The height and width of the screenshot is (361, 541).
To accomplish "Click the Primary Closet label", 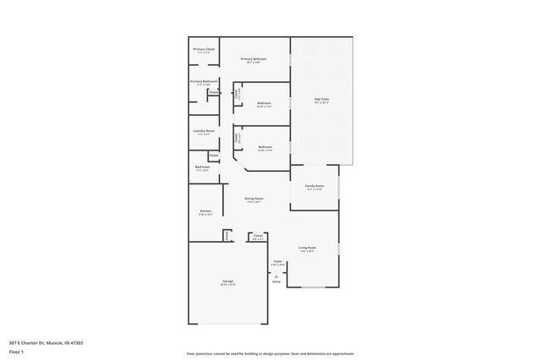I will click(x=204, y=50).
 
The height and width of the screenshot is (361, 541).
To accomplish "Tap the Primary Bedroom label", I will click(x=256, y=58).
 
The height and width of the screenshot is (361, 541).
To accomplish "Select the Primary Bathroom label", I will click(x=204, y=81).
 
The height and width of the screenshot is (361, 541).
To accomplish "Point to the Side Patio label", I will click(x=321, y=100).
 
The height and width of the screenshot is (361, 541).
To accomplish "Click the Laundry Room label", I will click(x=204, y=131).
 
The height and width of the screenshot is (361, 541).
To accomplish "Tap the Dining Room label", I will click(x=254, y=199).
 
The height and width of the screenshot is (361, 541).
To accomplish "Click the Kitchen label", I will click(x=205, y=211).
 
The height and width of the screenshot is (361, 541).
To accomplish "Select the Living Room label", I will click(x=306, y=248).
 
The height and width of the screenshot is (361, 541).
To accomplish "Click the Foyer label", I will click(x=277, y=262).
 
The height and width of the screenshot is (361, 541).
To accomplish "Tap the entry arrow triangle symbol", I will click(x=276, y=276).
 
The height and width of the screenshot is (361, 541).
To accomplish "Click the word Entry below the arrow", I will click(x=276, y=282).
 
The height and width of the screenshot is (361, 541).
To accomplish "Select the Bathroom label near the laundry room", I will click(x=202, y=167).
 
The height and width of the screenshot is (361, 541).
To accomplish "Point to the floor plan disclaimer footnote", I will click(x=270, y=353).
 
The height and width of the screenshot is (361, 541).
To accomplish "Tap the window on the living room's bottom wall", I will click(x=314, y=288).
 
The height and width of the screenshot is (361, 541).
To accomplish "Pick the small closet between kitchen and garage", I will click(x=227, y=236).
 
